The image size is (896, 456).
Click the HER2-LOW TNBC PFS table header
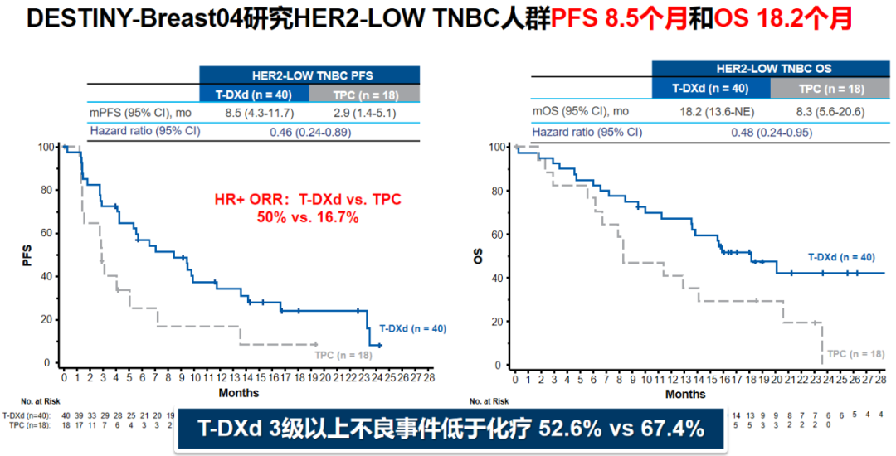pos(310,75)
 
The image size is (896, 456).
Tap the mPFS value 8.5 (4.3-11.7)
pos(254,112)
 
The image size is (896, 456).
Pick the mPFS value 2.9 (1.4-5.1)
pos(365,112)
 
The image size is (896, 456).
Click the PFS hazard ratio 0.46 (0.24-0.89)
pos(309,131)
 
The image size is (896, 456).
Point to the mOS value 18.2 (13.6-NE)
pos(711,111)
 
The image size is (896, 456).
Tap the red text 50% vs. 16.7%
pos(308,216)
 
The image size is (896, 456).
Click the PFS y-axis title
pos(27,256)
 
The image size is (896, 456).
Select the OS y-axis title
pos(477,256)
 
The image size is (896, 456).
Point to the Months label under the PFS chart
pos(239,392)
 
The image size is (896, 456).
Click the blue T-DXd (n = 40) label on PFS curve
pos(412,328)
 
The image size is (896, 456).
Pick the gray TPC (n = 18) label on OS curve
pos(855,353)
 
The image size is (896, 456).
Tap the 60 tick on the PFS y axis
pos(46,234)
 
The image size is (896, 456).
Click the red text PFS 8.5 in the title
pos(601,19)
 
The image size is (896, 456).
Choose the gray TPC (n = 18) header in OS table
pos(830,89)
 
